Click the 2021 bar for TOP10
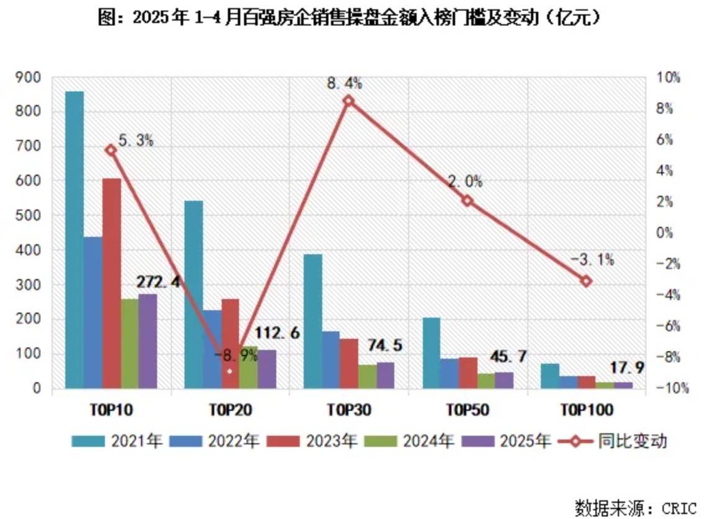click(x=75, y=240)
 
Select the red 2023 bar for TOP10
click(x=112, y=283)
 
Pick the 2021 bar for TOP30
click(x=312, y=321)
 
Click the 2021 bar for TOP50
click(x=431, y=353)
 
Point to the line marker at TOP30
click(x=348, y=101)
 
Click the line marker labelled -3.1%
click(x=586, y=281)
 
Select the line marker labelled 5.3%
click(x=111, y=150)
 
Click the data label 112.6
click(x=278, y=333)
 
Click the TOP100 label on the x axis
click(x=586, y=410)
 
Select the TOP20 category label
click(x=230, y=410)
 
